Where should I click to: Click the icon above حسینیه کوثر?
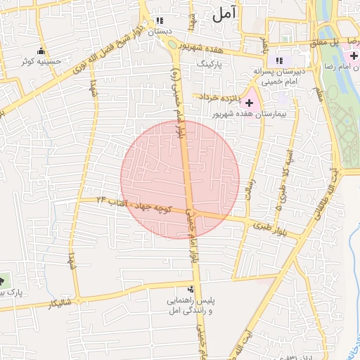tap(41, 51)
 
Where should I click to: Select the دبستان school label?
tap(160, 31)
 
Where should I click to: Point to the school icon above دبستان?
tap(160, 20)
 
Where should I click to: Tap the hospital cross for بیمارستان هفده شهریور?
tap(250, 103)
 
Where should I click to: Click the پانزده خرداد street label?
tap(219, 96)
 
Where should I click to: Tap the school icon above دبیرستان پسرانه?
tap(281, 61)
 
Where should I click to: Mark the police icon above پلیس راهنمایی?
tap(191, 288)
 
